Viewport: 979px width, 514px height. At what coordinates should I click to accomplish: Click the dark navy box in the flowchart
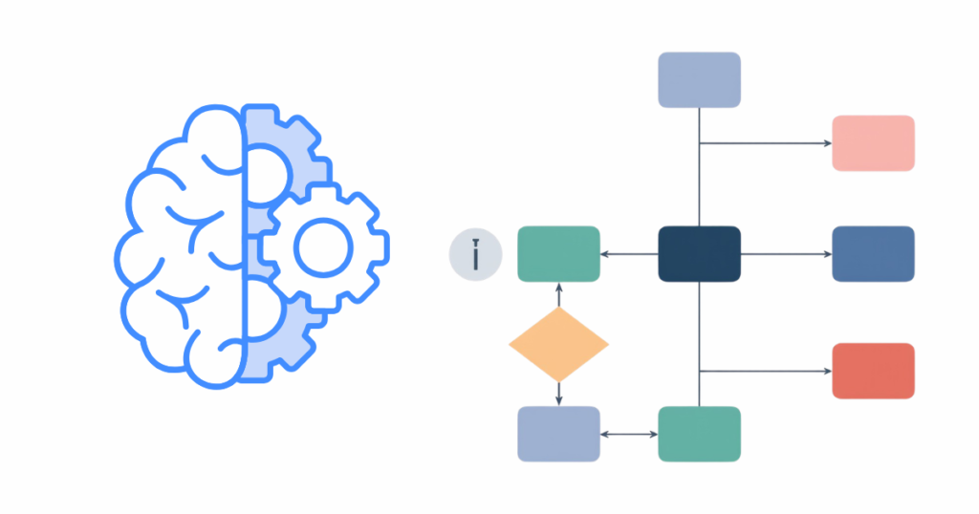[699, 254]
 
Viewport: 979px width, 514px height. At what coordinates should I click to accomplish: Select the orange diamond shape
[558, 344]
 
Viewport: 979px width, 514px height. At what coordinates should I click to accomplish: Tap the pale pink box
[873, 143]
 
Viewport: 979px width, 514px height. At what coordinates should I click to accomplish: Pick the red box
[873, 371]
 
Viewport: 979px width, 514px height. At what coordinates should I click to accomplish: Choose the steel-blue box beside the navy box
[873, 254]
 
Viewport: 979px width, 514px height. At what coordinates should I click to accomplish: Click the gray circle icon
[475, 255]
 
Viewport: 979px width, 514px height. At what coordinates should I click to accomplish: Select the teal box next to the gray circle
[558, 254]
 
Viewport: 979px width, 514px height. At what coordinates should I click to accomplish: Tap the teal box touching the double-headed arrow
[699, 434]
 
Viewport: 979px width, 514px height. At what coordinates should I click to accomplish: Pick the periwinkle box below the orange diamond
[558, 434]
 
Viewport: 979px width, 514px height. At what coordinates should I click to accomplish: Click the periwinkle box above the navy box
[699, 79]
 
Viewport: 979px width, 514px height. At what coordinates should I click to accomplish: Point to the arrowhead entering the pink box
[827, 143]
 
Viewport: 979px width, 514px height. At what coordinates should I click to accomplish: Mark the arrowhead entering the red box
[827, 371]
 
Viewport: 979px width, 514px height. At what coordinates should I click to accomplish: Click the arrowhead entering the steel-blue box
[827, 254]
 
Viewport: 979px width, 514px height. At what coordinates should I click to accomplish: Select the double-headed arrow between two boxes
[629, 435]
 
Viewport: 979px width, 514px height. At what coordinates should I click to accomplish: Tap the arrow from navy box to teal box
[629, 254]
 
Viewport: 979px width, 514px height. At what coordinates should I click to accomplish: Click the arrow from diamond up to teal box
[558, 295]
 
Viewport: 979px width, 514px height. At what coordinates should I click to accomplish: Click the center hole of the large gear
[322, 247]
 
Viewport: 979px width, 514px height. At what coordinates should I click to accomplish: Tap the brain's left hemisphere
[182, 248]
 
